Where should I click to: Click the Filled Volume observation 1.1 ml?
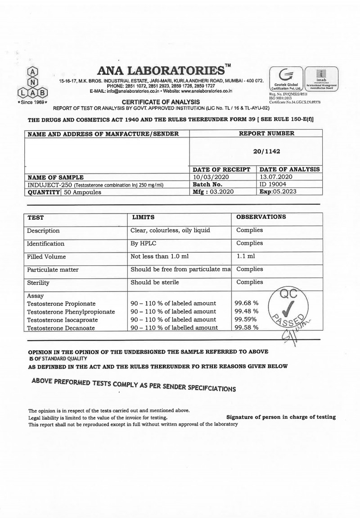pyautogui.click(x=245, y=256)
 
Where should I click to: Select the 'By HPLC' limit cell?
pyautogui.click(x=144, y=243)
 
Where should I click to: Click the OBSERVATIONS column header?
pyautogui.click(x=261, y=217)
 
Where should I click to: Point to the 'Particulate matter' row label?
pyautogui.click(x=53, y=269)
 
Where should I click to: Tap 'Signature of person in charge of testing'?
pyautogui.click(x=281, y=417)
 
